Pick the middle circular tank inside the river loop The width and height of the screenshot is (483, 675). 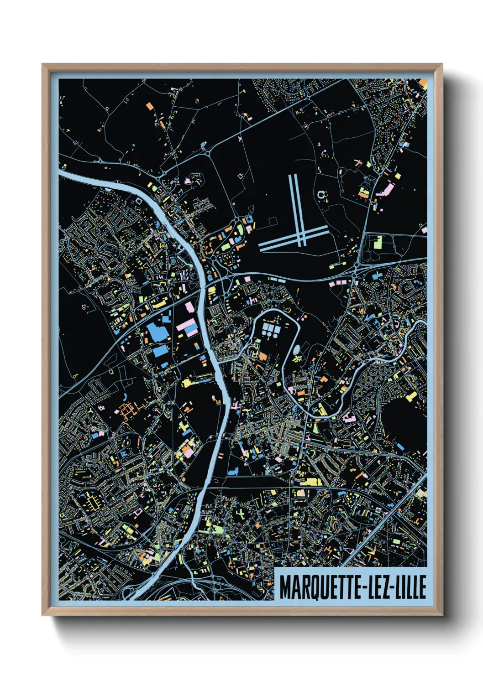tap(271, 334)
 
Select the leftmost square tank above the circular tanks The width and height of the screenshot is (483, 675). tap(266, 326)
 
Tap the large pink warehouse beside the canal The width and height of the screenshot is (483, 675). tap(187, 326)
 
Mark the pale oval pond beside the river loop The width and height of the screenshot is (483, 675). tap(297, 349)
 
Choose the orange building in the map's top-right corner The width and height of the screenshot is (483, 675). tap(423, 84)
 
